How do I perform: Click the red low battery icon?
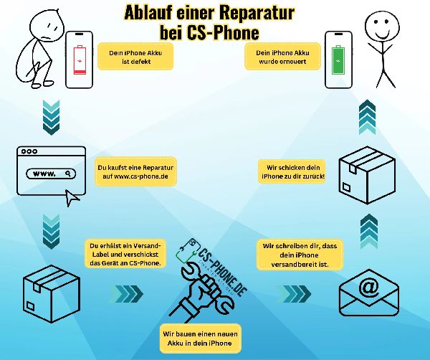[80, 60]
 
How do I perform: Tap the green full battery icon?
[338, 60]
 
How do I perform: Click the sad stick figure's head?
[47, 27]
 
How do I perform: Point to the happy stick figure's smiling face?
[382, 27]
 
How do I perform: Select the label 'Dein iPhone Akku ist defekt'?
[135, 57]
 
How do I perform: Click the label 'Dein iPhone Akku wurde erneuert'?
[282, 57]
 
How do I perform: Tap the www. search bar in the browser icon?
[51, 174]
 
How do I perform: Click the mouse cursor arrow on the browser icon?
[72, 197]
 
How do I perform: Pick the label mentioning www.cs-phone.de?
[135, 172]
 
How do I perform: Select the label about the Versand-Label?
[125, 254]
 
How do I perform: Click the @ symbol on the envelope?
[369, 288]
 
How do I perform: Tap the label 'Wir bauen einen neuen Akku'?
[200, 338]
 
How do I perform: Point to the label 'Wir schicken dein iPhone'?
[292, 172]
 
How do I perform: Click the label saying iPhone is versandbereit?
[300, 255]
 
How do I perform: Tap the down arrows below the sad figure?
[52, 118]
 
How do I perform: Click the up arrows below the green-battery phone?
[367, 118]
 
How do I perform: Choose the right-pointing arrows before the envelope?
[295, 293]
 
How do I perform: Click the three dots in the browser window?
[29, 151]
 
